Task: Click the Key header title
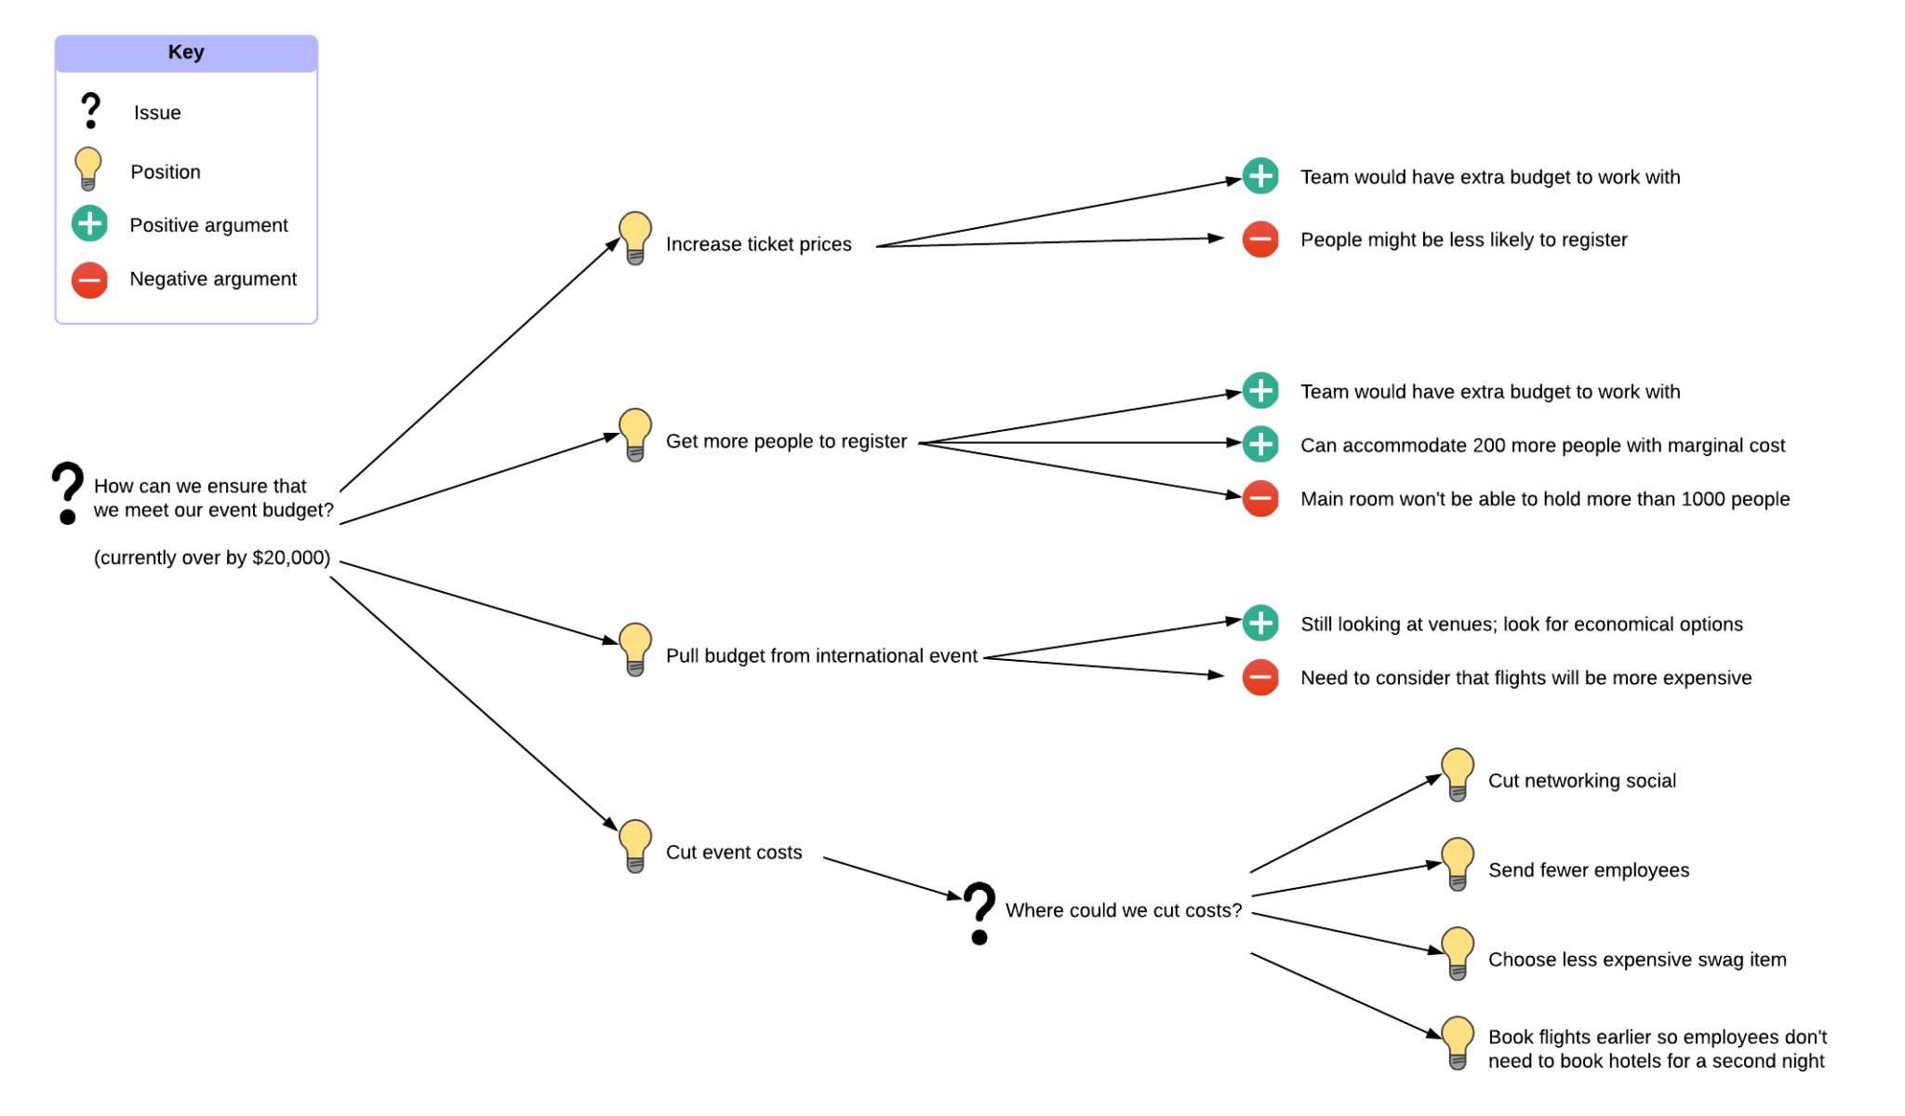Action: [186, 52]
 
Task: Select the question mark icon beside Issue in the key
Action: [90, 111]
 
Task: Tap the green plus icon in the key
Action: [90, 224]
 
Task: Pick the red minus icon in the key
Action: [90, 279]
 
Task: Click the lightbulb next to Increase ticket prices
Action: [635, 237]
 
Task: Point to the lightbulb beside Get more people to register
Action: [635, 434]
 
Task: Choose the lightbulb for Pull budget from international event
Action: [635, 649]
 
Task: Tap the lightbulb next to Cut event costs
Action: [635, 845]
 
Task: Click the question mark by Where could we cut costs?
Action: [979, 912]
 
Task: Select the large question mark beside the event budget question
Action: [67, 492]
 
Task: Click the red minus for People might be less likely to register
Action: [1260, 239]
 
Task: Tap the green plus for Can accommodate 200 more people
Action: [1260, 444]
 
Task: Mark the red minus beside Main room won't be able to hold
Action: [1260, 498]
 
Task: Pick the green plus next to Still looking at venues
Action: [1260, 623]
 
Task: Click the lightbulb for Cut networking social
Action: [1458, 773]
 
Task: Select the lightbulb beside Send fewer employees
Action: [1458, 863]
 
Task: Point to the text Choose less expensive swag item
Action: [1637, 960]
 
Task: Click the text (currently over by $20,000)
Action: [212, 558]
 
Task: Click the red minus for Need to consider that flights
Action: [1260, 677]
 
